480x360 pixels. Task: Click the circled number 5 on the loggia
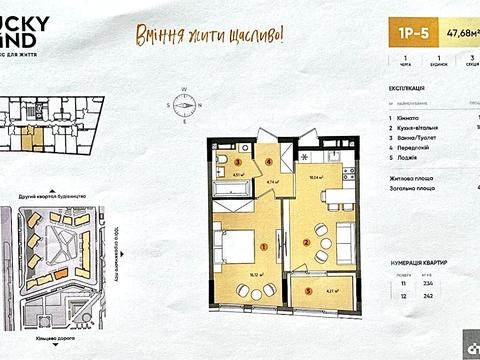coord(306,291)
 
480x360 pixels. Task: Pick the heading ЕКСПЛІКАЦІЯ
coord(408,87)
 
